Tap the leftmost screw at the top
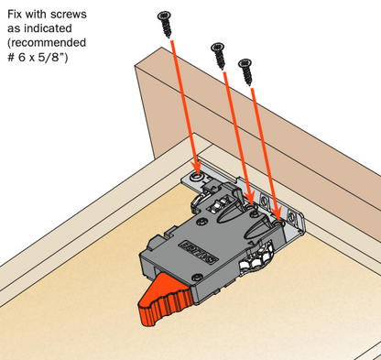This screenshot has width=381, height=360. tap(167, 20)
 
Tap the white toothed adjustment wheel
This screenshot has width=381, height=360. tap(258, 261)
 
